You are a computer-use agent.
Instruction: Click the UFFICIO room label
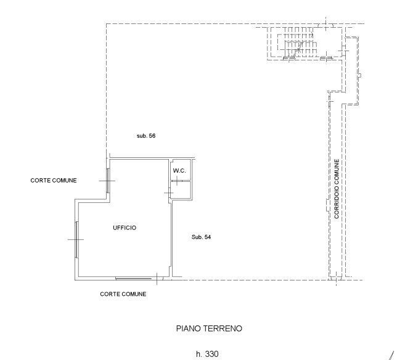pos(124,228)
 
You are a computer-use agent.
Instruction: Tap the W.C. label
pos(179,170)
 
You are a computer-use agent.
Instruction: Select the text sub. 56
pos(145,136)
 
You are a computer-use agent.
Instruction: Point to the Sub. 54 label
pos(201,237)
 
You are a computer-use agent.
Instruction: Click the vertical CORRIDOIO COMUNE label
pos(337,189)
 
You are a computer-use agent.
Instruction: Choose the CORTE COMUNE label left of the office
pos(54,181)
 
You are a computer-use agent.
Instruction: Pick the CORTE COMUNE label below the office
pos(123,294)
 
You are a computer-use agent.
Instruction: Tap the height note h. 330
pos(206,354)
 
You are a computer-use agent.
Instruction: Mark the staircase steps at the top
pos(298,44)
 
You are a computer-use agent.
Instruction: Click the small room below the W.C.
pos(181,190)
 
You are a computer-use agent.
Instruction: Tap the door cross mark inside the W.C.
pos(177,180)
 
